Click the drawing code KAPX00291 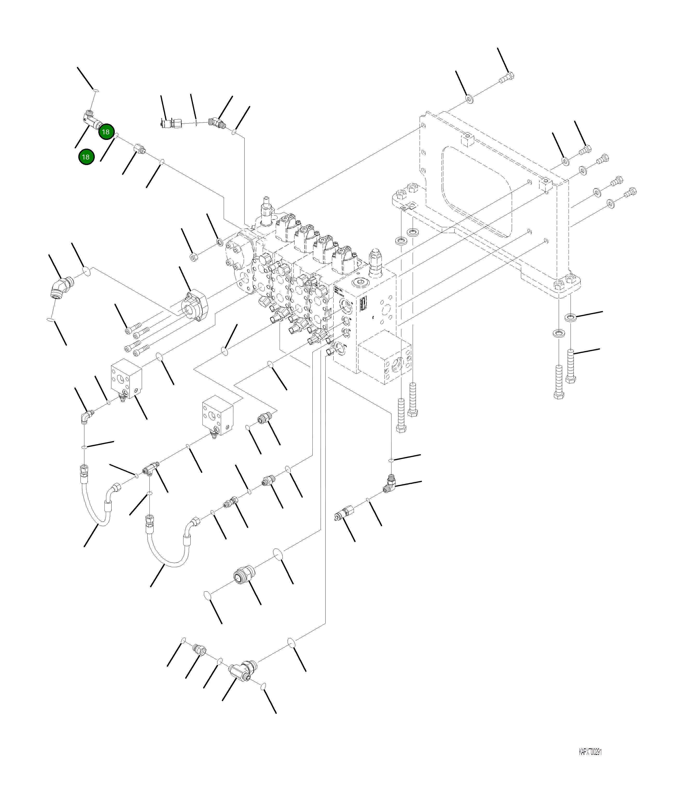590,752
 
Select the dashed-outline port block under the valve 384,357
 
